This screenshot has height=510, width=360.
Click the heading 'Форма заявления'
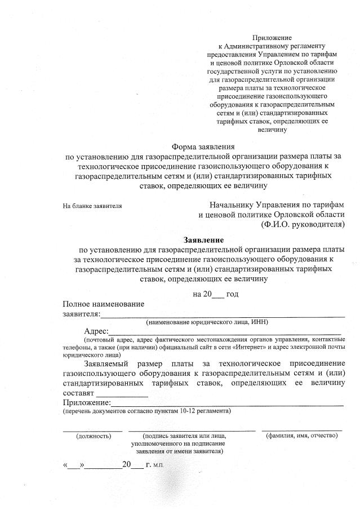pos(203,148)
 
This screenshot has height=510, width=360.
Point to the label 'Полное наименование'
pos(104,304)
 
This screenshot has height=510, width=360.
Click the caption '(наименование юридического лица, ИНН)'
pos(207,322)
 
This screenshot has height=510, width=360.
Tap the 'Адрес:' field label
pos(96,332)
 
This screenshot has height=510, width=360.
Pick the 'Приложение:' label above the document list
pos(87,403)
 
